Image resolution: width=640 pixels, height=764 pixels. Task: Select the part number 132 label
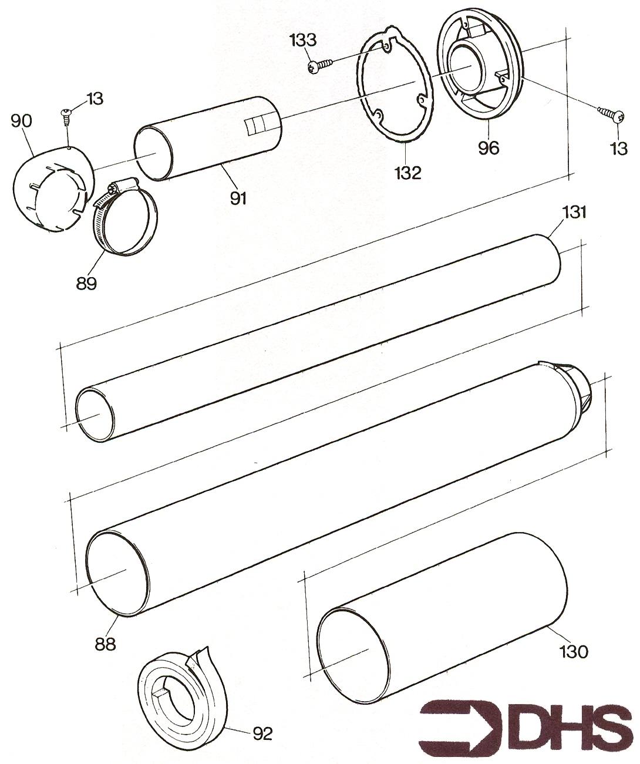click(407, 173)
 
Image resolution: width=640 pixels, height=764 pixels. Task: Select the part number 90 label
click(22, 121)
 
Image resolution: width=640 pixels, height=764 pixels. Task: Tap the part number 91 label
click(238, 198)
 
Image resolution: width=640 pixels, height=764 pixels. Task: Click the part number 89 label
click(86, 283)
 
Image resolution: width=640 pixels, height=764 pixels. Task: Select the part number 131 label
click(574, 212)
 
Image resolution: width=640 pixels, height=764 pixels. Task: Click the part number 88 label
click(106, 643)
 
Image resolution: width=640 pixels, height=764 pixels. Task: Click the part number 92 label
click(262, 733)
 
